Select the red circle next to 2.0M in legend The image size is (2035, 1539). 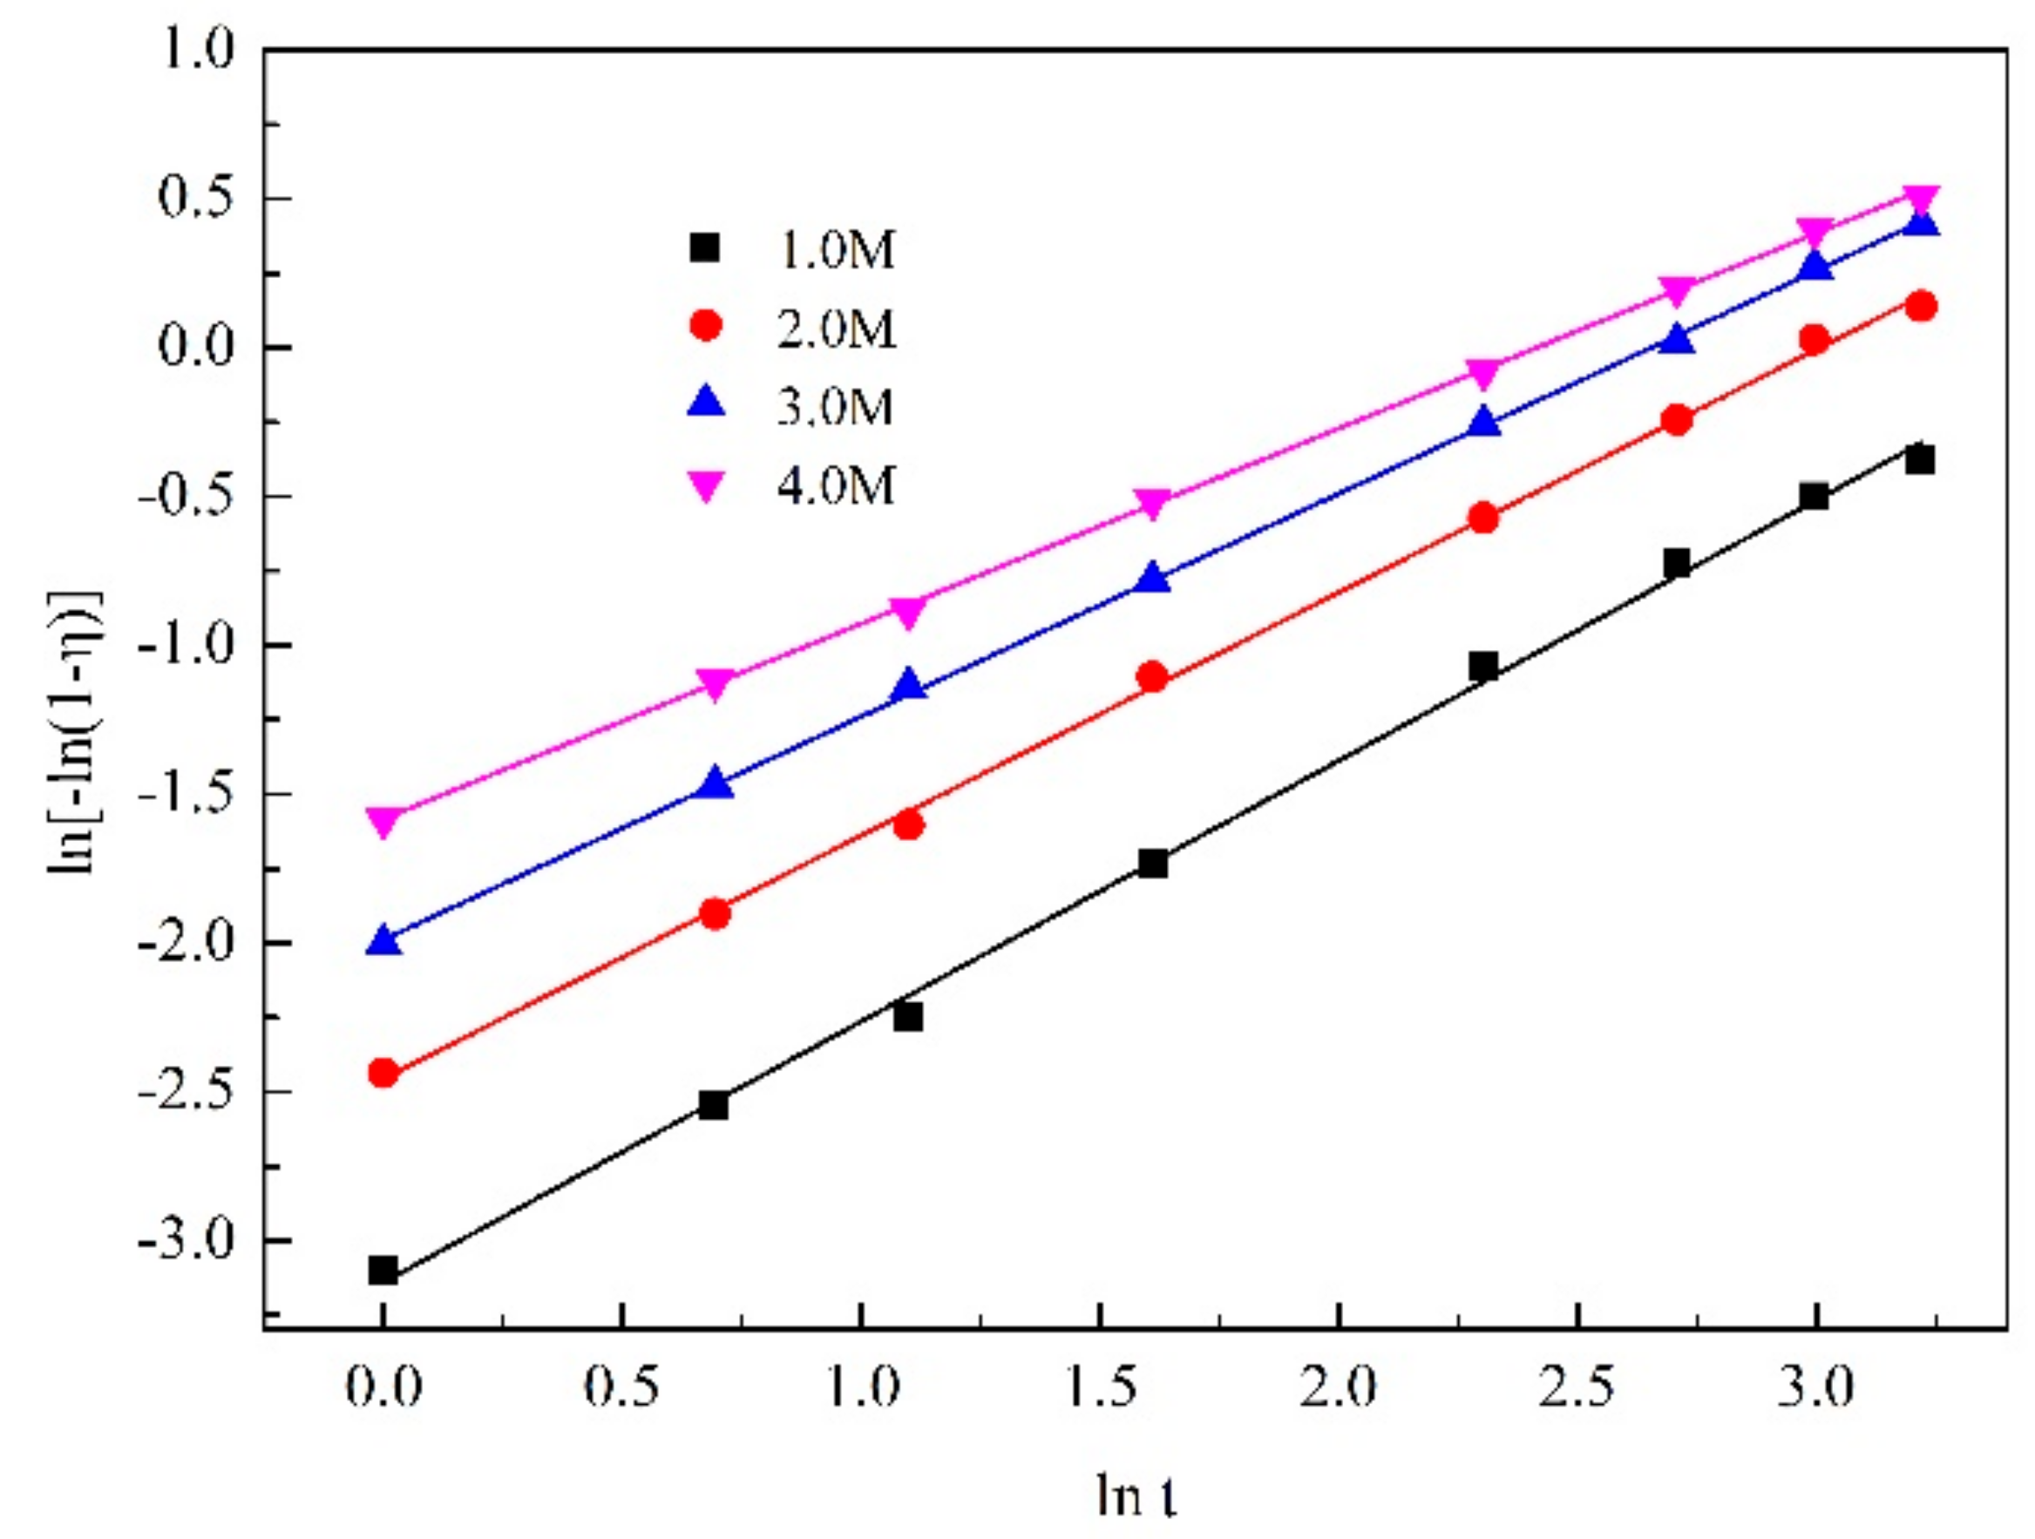tap(706, 326)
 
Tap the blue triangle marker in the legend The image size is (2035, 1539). tap(706, 402)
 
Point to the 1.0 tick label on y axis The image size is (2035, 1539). tap(197, 50)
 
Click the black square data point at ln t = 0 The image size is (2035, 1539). tap(383, 1271)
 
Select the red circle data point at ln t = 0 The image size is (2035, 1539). tap(383, 1073)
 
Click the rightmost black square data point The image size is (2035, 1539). tap(1919, 459)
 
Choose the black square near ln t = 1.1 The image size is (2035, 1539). tap(908, 1016)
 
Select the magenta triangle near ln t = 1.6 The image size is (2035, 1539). tap(1153, 502)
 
